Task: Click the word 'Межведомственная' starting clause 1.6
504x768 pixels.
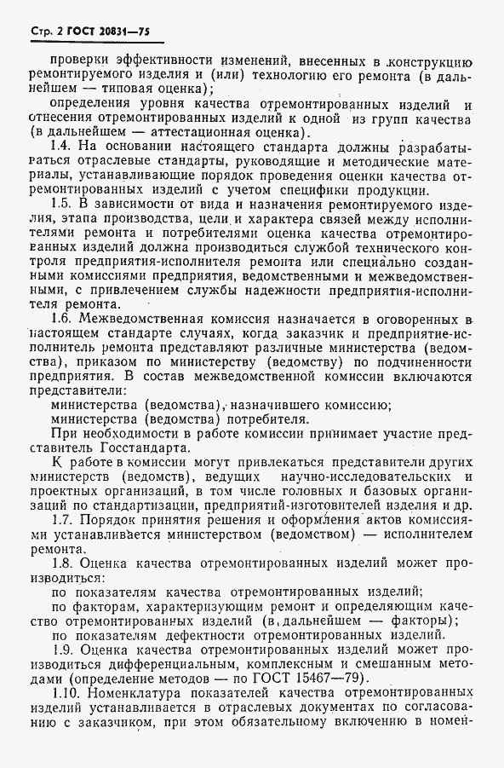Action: click(145, 341)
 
